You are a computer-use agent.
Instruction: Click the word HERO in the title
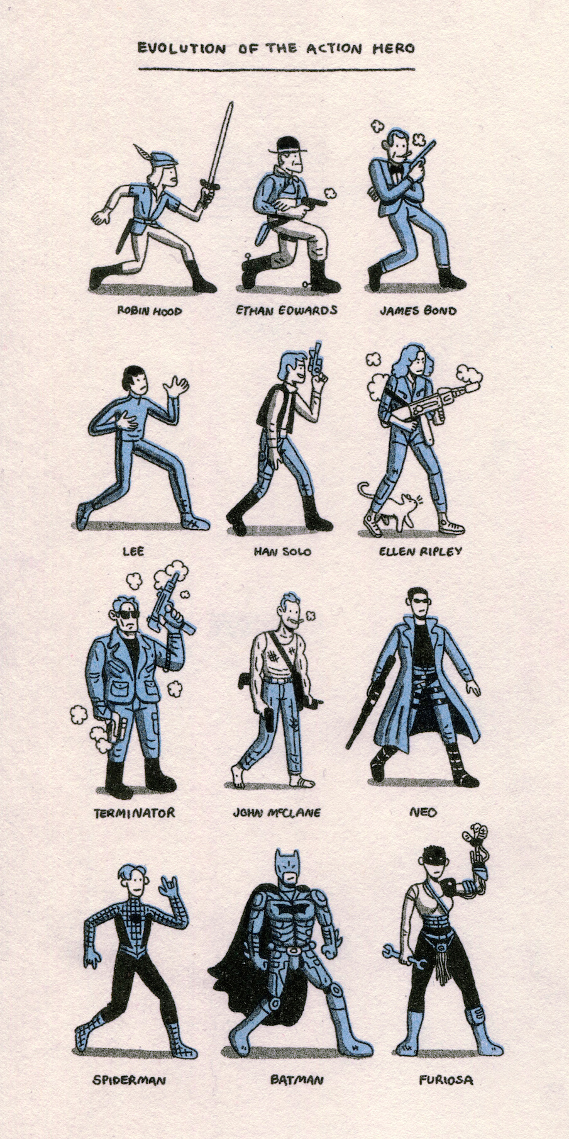pyautogui.click(x=393, y=48)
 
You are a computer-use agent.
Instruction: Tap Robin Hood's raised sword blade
pyautogui.click(x=219, y=145)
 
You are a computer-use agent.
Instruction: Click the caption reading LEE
pyautogui.click(x=133, y=551)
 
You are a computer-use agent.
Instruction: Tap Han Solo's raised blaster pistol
pyautogui.click(x=316, y=363)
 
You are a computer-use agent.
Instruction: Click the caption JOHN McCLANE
pyautogui.click(x=277, y=813)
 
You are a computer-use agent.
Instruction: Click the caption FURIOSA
pyautogui.click(x=446, y=1080)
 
